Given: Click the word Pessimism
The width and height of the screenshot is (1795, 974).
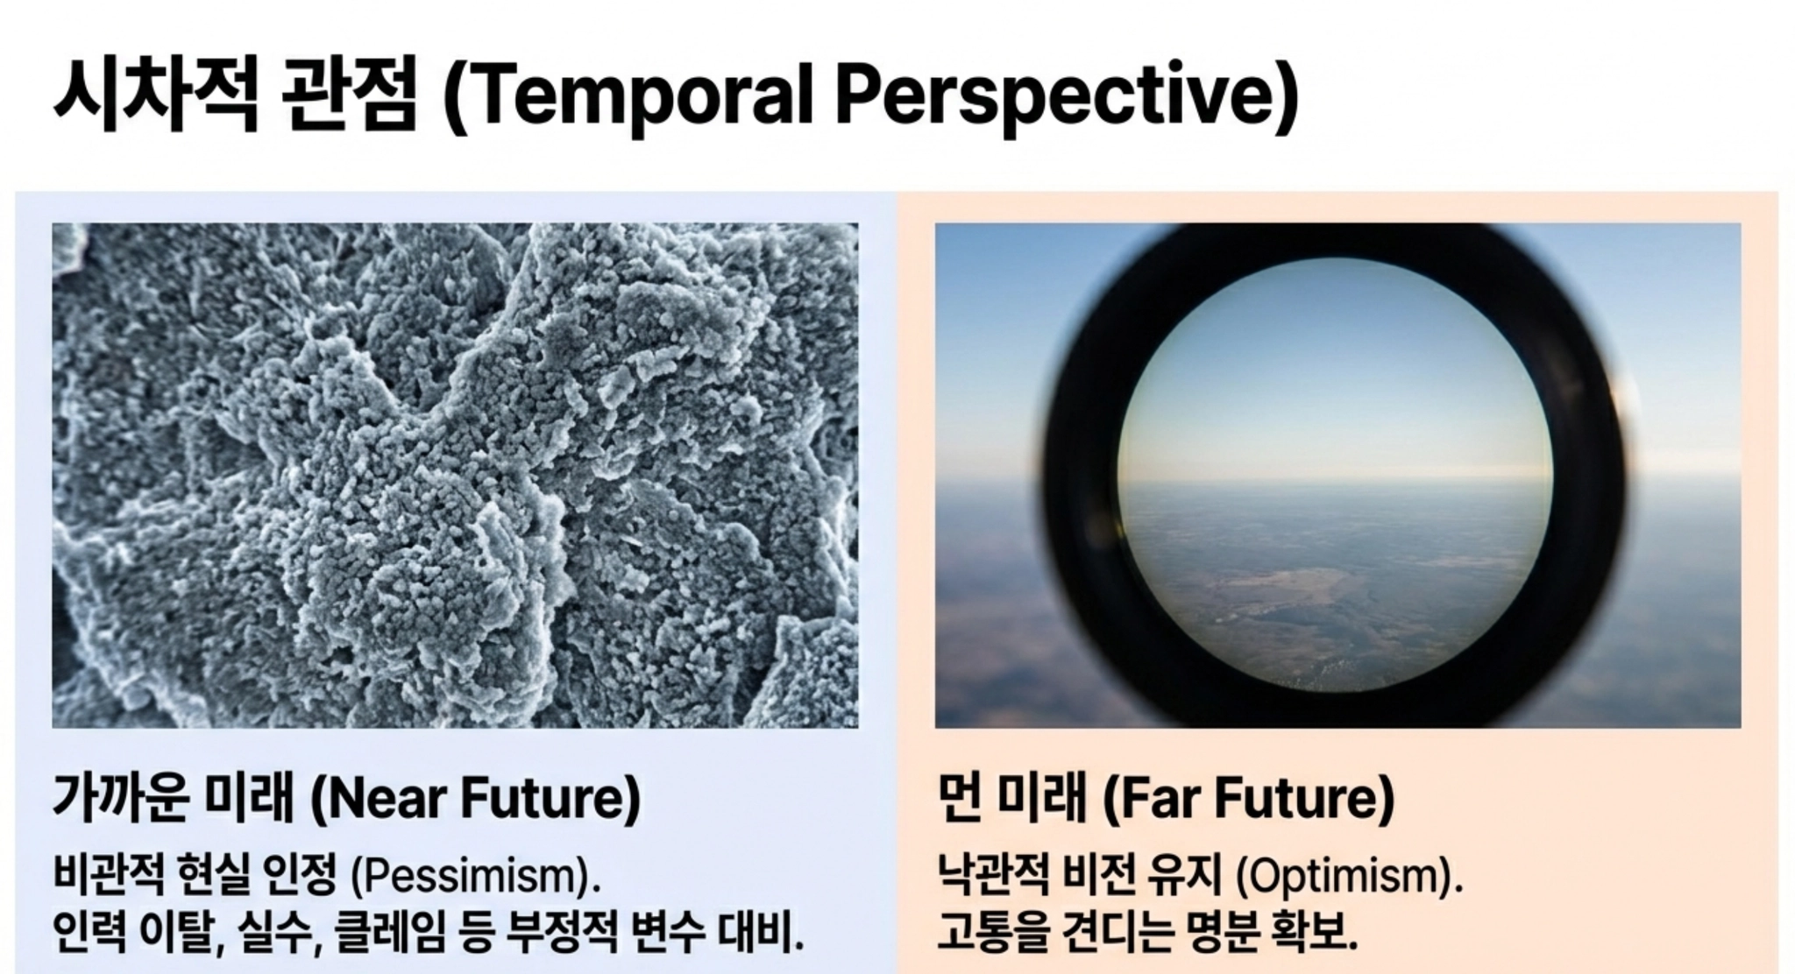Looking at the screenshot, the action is pyautogui.click(x=473, y=876).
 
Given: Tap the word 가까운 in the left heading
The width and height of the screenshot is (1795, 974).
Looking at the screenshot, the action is pyautogui.click(x=121, y=798).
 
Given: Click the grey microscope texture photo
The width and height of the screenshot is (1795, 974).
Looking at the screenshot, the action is pyautogui.click(x=455, y=476).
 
